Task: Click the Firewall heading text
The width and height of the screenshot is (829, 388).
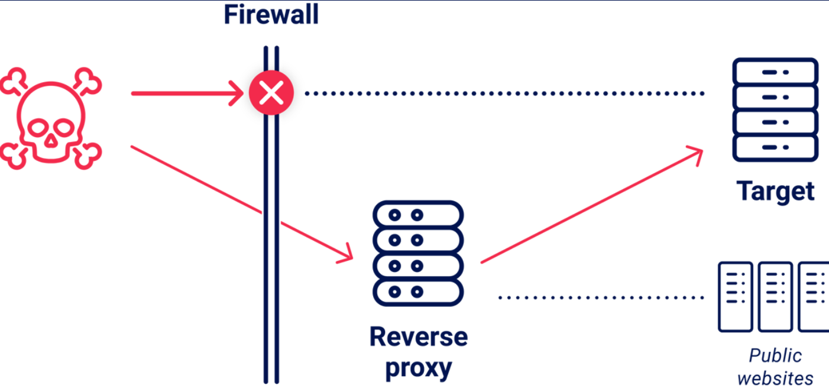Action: tap(271, 14)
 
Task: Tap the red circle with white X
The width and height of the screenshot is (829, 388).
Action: tap(271, 93)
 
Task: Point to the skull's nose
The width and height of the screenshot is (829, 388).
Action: tap(51, 141)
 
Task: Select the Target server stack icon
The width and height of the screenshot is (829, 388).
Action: tap(775, 109)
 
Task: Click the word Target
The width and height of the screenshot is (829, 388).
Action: tap(775, 191)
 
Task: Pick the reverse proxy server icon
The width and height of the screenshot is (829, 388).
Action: tap(417, 253)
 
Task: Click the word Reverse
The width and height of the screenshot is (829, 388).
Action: tap(418, 337)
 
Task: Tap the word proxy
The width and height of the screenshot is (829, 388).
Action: tap(418, 368)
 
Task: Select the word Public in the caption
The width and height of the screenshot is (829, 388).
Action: tap(775, 355)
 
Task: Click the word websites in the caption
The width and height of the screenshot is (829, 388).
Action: tap(775, 377)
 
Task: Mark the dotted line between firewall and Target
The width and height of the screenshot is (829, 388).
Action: tap(503, 93)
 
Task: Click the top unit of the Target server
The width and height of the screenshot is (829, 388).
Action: tap(775, 72)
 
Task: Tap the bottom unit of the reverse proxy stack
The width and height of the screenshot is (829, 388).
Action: tap(417, 292)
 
